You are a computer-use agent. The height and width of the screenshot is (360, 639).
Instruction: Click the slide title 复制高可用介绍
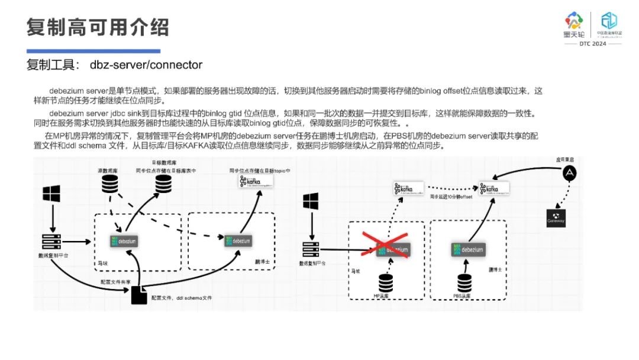[x=98, y=27]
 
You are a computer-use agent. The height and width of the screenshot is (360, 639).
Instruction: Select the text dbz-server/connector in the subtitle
[x=146, y=65]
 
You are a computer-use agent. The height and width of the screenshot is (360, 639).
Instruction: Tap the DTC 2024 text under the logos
[x=592, y=44]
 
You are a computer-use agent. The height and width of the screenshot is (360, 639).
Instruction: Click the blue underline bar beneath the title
[x=93, y=51]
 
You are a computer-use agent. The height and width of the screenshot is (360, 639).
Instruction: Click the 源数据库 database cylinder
[x=108, y=184]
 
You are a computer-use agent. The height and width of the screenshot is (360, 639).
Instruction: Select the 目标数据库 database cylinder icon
[x=163, y=184]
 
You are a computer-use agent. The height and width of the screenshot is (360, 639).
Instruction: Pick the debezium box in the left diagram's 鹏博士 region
[x=238, y=240]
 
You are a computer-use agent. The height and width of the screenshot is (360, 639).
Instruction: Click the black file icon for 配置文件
[x=138, y=295]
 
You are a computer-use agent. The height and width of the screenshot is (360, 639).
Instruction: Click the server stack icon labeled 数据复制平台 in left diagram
[x=51, y=242]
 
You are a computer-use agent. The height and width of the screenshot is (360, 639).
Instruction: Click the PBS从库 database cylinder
[x=464, y=283]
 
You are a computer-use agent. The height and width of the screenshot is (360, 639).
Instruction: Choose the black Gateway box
[x=556, y=218]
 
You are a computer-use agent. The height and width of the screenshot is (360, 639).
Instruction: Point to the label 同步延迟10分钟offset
[x=451, y=196]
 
